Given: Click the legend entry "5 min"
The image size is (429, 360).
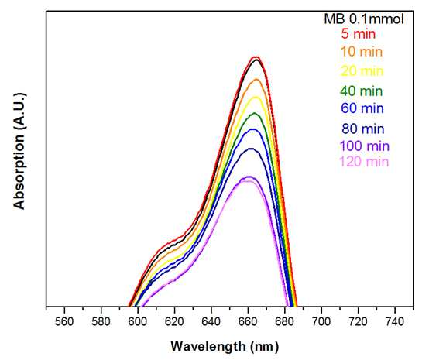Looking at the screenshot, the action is coord(358,34).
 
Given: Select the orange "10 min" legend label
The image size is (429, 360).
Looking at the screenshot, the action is coord(362,51).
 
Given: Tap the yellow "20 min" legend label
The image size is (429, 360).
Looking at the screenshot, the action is coord(362,71).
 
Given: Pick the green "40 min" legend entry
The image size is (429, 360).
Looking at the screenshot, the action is coord(362,91).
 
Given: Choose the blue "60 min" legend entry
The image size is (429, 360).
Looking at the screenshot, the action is coord(362,108).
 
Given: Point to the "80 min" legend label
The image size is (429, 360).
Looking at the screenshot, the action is coord(362,129).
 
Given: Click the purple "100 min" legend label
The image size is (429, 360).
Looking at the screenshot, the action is coord(365,146).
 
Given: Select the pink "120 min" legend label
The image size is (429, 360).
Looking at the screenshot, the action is coord(364,162).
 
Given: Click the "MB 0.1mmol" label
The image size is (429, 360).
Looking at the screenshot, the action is coord(364,19).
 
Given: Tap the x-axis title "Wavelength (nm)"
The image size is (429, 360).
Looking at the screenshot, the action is coord(225,347).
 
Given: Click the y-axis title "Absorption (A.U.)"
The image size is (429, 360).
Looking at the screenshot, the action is coord(19,152).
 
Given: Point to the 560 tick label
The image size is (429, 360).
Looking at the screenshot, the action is coord(64,322).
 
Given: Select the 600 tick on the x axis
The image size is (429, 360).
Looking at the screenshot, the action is coord(138,322).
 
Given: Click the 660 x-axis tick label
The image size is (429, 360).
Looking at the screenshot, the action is coord(248,322).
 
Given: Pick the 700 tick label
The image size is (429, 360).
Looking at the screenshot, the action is coord(321,322).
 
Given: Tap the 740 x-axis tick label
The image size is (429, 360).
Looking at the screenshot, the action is coord(394,322).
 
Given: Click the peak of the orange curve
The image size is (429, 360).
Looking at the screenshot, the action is coord(256,79).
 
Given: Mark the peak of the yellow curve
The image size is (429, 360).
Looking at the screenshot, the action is coord(256,97).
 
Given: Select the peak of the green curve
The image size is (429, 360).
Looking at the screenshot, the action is coord(255,113).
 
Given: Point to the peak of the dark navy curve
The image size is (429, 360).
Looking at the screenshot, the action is coord(251,149).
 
